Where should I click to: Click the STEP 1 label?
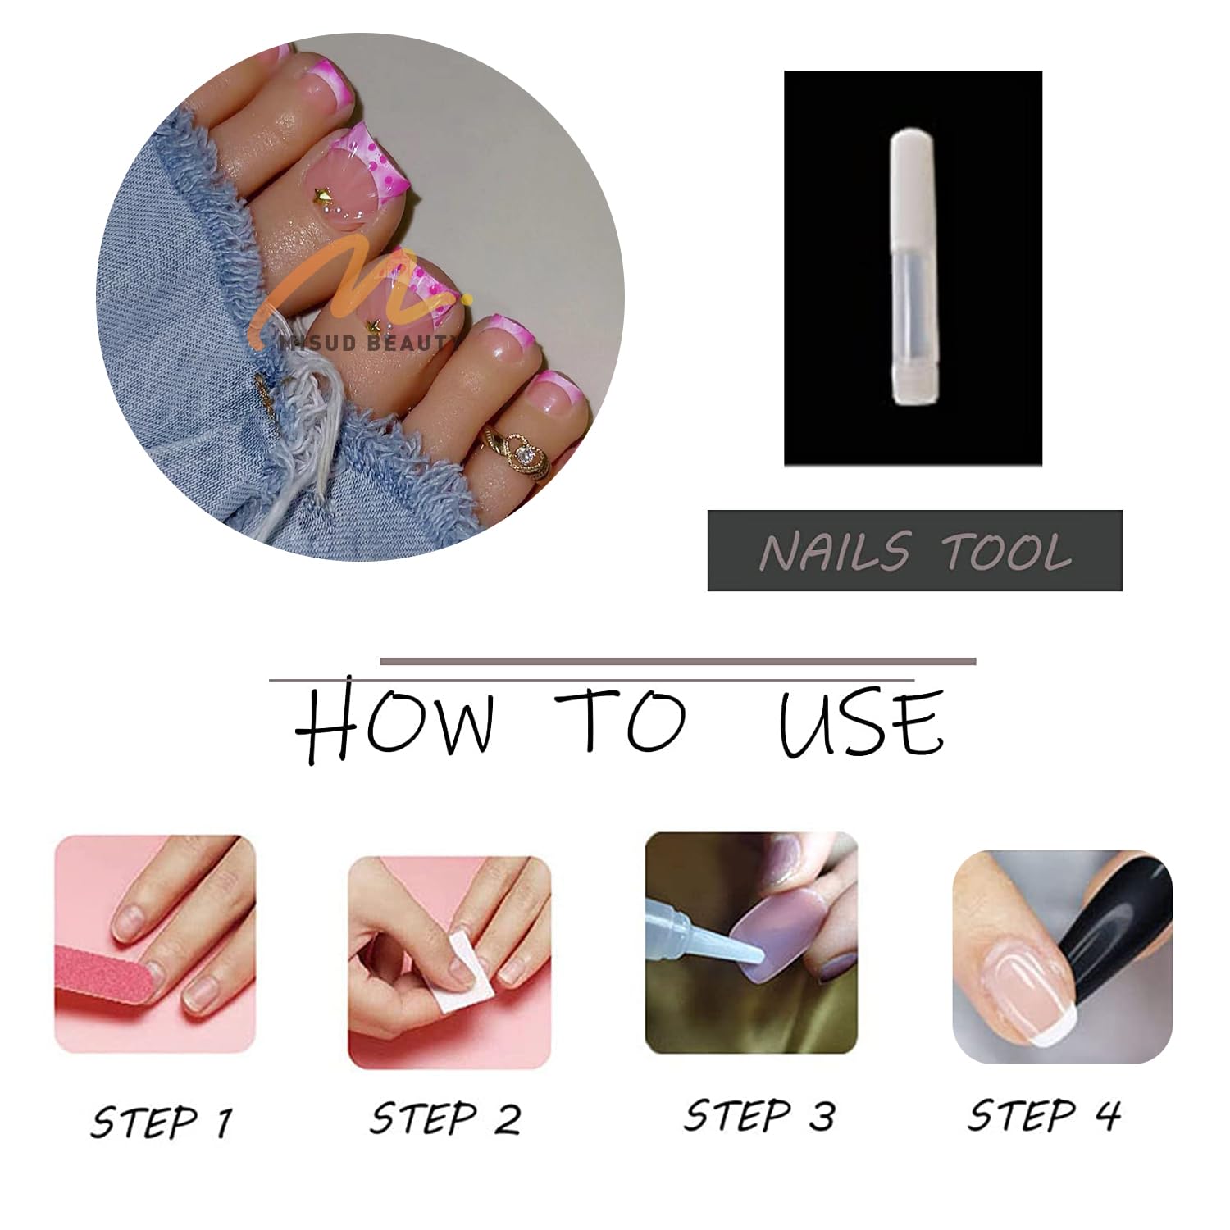(162, 1121)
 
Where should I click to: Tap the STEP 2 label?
(445, 1118)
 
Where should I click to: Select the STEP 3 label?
(759, 1116)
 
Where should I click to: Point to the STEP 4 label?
(1045, 1115)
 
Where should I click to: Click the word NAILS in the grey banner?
(834, 551)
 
